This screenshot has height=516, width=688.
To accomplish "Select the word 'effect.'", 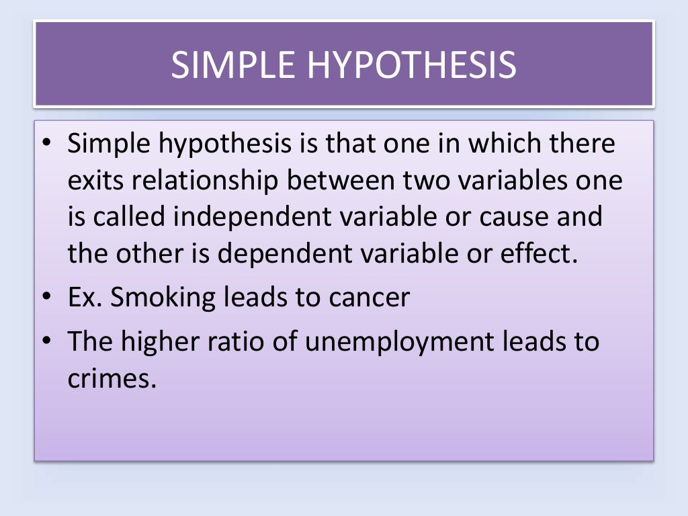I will (x=535, y=254).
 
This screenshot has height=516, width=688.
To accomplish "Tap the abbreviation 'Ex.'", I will (x=85, y=296).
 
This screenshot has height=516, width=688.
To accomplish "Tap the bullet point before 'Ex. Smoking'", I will (x=46, y=297).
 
